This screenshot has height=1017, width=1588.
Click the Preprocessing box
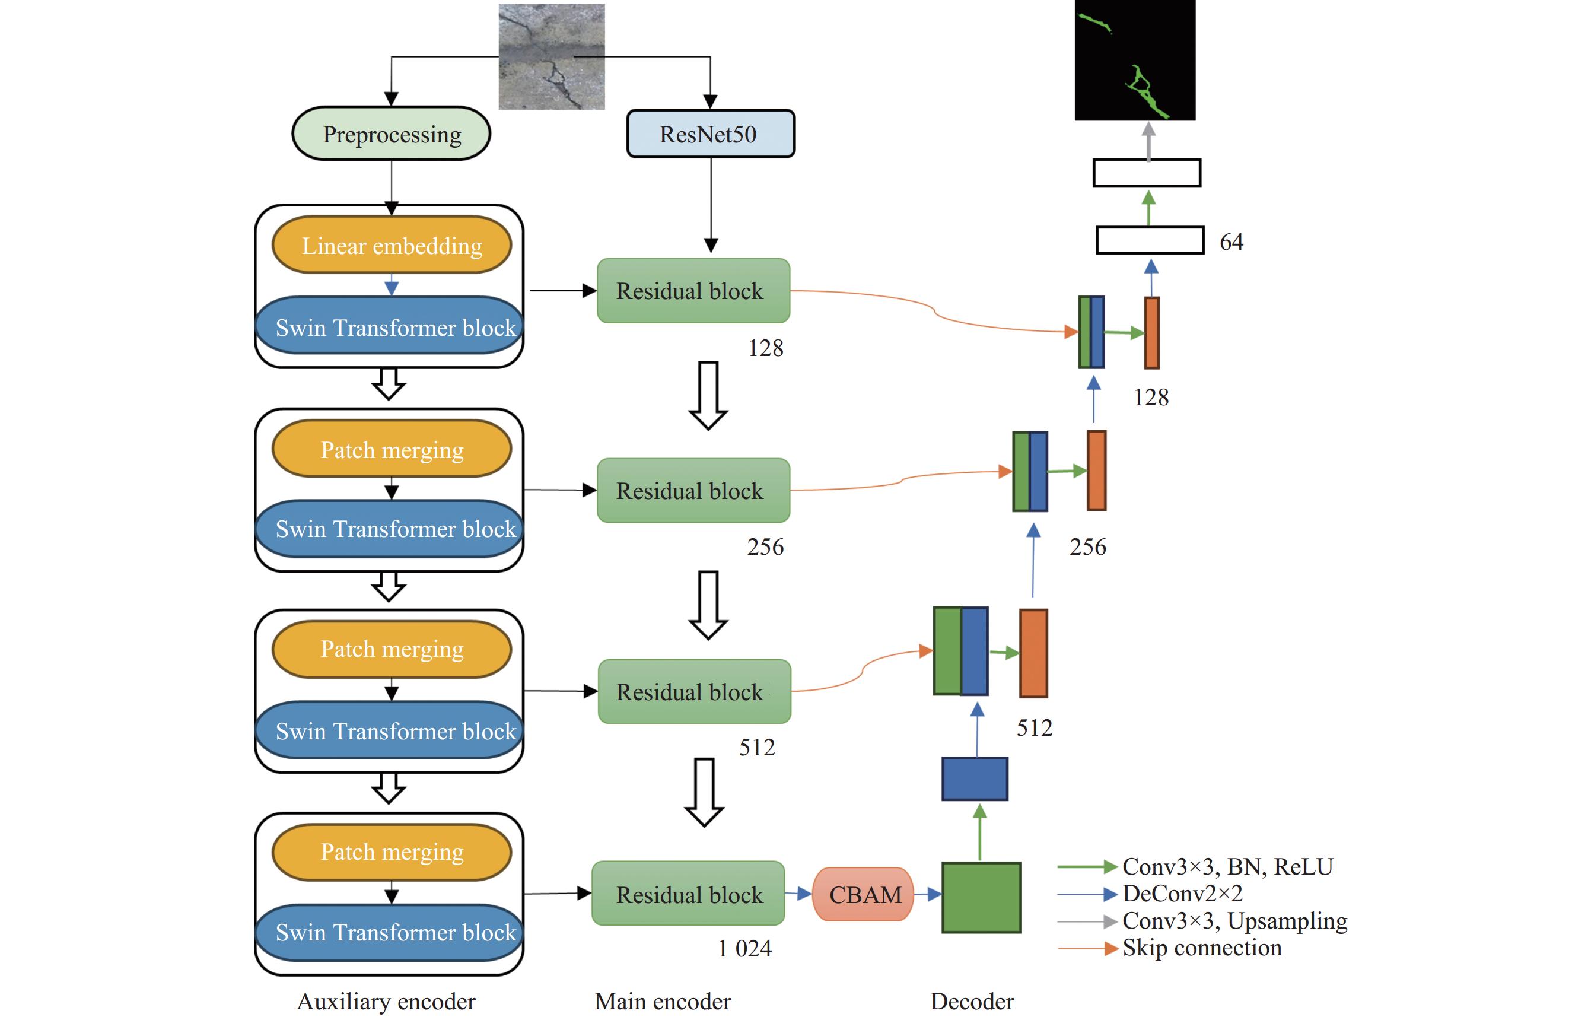click(392, 134)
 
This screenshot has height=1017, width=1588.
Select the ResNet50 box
click(710, 134)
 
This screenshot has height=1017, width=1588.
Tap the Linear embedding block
click(392, 245)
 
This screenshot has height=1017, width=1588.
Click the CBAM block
click(864, 894)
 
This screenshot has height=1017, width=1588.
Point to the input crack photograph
click(551, 56)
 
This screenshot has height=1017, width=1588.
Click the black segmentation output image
click(1135, 59)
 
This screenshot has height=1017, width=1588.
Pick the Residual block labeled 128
click(693, 291)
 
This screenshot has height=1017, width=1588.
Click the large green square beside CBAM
click(981, 898)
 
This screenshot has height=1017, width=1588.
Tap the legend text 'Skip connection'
click(1202, 948)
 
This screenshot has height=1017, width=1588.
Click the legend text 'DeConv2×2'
click(1182, 894)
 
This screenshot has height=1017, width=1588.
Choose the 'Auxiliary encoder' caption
click(386, 1001)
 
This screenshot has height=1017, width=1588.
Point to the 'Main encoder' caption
click(663, 1001)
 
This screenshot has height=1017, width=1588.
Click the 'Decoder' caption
click(972, 1001)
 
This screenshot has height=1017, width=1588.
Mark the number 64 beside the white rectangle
click(1231, 241)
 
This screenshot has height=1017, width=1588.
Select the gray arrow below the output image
click(1148, 141)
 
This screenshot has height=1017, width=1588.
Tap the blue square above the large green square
click(975, 778)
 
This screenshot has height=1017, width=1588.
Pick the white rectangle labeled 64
click(1150, 240)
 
